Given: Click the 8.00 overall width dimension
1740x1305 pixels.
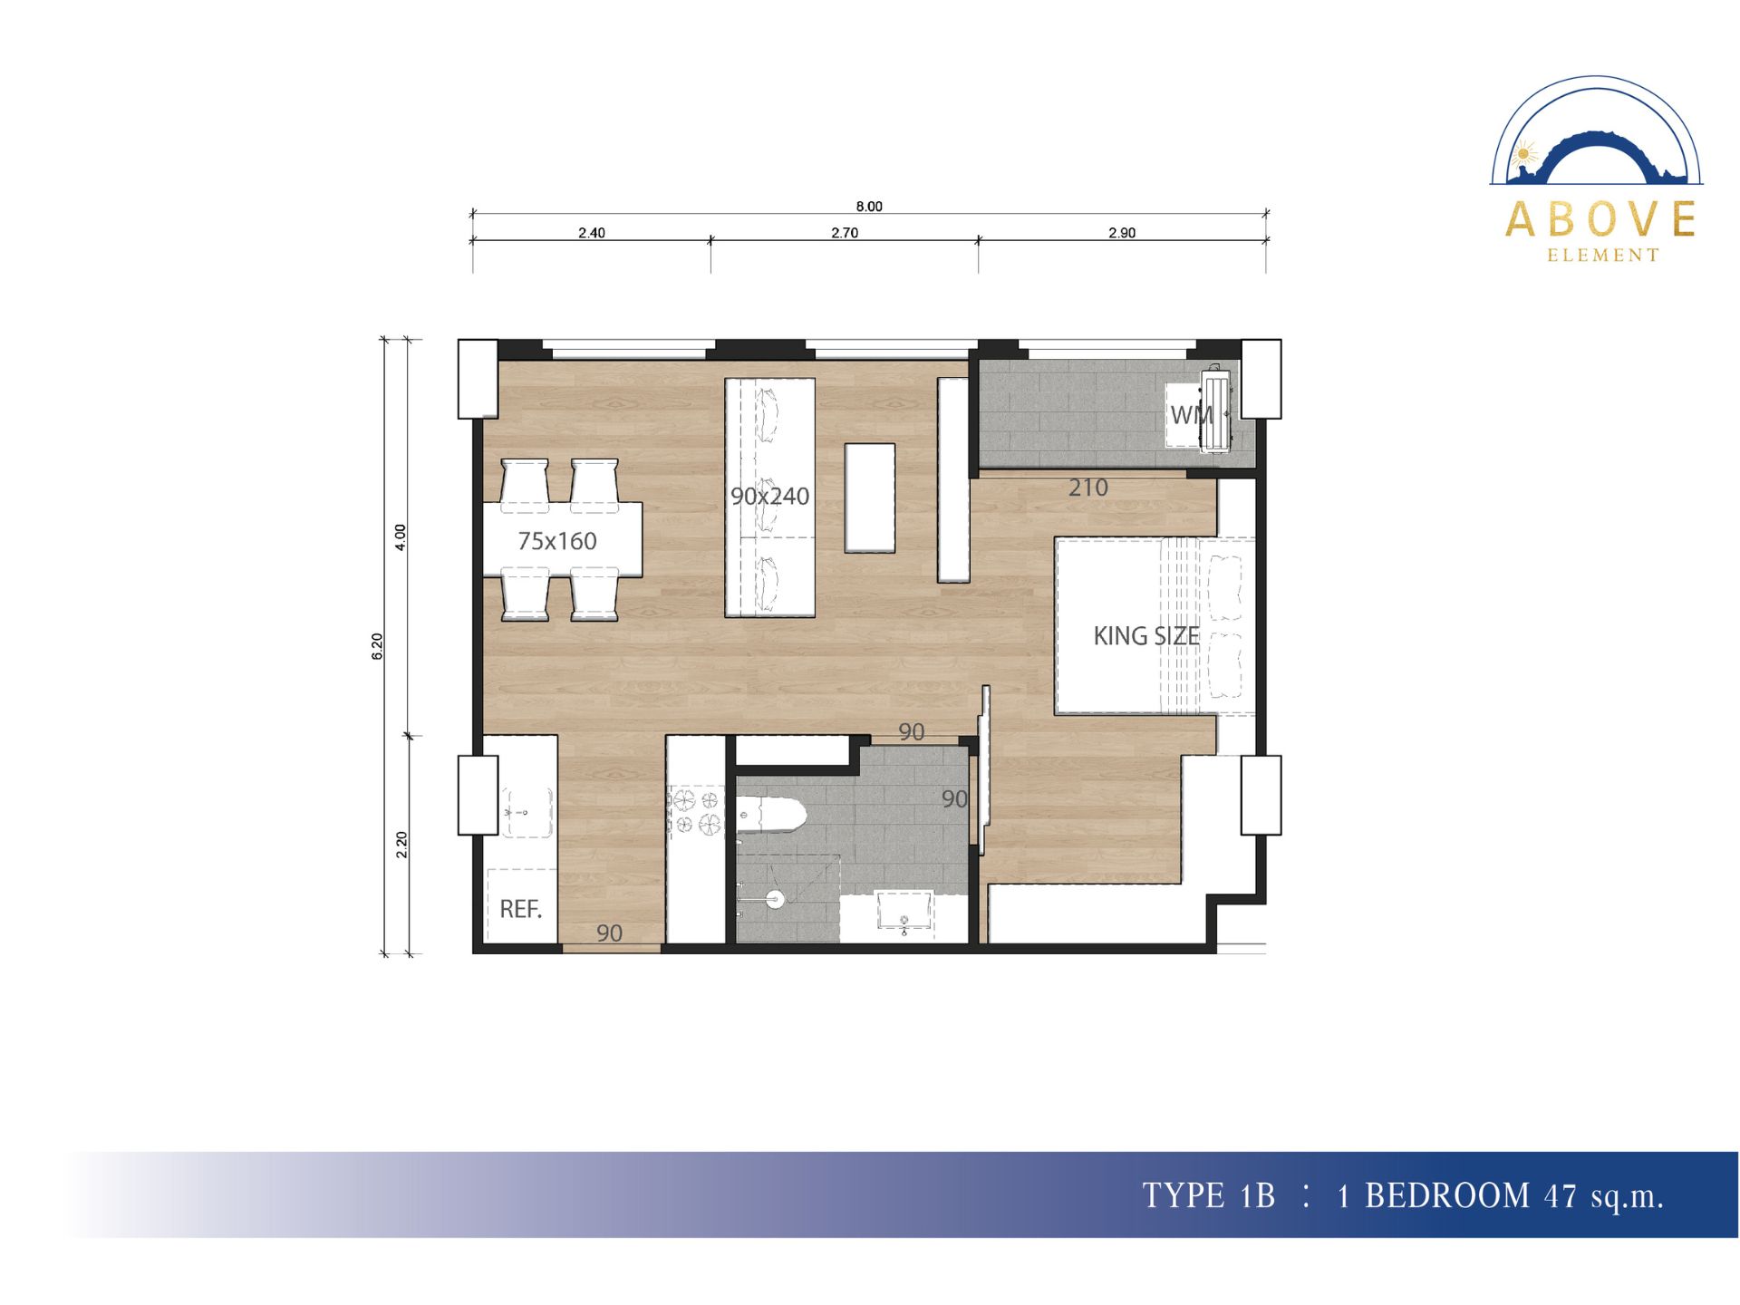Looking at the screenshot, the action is coord(868,207).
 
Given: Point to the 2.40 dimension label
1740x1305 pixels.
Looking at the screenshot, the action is coord(592,233).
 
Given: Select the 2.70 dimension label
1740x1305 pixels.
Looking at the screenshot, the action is coord(845,233).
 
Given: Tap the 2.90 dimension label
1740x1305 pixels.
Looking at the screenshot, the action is coord(1122,233).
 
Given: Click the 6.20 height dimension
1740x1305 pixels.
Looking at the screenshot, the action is coord(378,646).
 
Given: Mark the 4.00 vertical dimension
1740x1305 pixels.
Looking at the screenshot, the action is coord(401,537).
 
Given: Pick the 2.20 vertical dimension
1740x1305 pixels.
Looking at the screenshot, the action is coord(401,845).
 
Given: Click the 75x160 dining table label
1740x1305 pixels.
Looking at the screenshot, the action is coord(557,541).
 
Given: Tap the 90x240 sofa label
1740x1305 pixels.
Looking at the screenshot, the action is coord(770,496).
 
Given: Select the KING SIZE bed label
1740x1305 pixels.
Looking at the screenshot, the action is coord(1146,636).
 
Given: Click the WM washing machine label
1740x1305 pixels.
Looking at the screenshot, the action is coord(1192,415).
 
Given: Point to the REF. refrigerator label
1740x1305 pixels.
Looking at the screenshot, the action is coord(521,909).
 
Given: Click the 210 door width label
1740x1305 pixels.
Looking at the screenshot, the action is coord(1088,488).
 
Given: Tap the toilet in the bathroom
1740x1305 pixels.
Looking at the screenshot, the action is coord(770,816).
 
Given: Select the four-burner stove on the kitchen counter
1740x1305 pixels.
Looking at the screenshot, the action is coord(695,811).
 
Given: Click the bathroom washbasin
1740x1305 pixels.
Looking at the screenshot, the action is coord(904,910).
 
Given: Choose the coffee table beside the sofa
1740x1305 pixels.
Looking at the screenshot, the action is coord(870,498).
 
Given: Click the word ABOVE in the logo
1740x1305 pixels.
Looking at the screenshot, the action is coord(1601,219).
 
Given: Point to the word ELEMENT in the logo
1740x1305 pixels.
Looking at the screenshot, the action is coord(1603,256).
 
